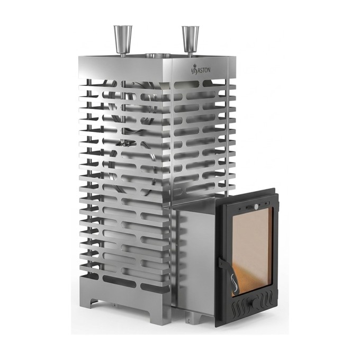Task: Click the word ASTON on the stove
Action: [x=204, y=70]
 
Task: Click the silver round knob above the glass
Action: [x=256, y=207]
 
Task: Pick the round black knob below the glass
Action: [x=256, y=303]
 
